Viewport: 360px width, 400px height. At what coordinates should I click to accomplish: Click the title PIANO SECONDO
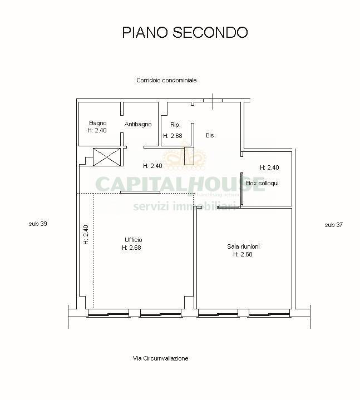185,32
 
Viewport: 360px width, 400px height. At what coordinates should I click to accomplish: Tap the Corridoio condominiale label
166,80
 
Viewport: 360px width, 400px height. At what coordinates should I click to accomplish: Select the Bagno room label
97,123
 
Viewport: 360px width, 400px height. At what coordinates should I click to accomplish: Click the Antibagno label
138,124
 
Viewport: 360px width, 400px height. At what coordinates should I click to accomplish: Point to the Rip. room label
175,125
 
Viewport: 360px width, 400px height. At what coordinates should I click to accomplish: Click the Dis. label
210,135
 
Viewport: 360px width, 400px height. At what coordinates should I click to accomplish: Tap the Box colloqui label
262,183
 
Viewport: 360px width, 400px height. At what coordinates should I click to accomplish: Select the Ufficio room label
133,240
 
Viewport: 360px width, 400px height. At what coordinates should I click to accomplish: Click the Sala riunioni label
243,246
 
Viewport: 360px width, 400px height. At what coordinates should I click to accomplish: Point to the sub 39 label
38,224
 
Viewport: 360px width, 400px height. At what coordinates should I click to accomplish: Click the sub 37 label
333,225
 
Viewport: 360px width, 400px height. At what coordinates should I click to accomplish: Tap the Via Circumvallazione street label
160,358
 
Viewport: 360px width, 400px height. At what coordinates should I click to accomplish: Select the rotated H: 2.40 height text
86,235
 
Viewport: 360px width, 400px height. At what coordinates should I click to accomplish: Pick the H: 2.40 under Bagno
97,130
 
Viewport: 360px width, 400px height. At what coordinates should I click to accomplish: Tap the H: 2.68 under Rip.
172,135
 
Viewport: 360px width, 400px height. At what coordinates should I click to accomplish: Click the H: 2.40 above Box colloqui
269,167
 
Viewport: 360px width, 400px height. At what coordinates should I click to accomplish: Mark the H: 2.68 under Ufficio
131,248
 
